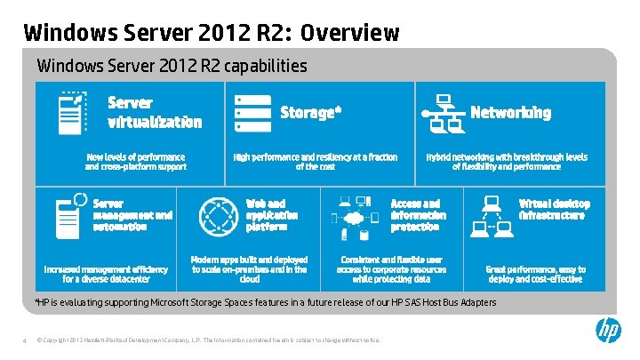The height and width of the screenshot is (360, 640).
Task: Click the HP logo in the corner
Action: [608, 331]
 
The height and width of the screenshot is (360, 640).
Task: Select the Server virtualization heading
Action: [155, 113]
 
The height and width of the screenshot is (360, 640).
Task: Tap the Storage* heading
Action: [310, 113]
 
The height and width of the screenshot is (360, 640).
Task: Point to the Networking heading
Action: [510, 113]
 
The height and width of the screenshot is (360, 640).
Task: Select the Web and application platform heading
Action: [272, 215]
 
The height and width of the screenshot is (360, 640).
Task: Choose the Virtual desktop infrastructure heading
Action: [554, 210]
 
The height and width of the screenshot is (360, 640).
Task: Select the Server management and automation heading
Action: [133, 215]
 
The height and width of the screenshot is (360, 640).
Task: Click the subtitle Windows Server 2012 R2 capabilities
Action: [172, 67]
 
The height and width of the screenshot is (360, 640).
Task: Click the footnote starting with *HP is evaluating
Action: [265, 303]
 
